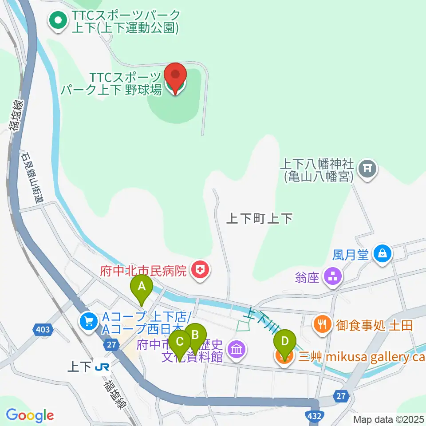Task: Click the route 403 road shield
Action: click(43, 330)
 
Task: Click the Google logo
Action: click(30, 416)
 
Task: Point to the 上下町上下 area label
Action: click(260, 218)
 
